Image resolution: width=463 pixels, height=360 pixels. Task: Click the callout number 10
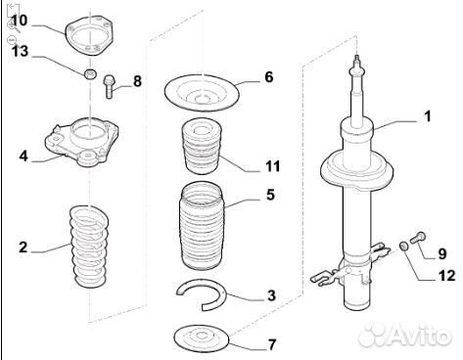19,21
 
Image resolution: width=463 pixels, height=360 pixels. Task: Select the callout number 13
21,51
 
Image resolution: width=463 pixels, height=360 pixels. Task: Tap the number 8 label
137,81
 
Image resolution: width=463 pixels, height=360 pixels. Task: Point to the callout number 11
273,166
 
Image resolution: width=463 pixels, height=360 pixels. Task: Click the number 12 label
447,276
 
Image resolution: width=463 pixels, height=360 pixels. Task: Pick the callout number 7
272,344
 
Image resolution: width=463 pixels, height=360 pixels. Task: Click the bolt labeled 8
109,86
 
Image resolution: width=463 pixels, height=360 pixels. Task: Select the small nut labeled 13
90,74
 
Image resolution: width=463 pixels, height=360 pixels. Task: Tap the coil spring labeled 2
89,247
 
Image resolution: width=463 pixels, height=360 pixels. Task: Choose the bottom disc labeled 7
201,337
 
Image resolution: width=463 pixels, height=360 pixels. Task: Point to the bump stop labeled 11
202,147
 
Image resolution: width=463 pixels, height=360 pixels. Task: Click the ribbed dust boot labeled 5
202,226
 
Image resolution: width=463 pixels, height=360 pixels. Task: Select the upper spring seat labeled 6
202,91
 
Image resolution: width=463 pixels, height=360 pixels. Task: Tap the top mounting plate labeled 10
89,34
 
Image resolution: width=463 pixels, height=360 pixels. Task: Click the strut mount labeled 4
81,142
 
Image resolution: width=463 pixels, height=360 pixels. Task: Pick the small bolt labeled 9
417,237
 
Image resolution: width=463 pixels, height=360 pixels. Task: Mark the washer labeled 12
404,247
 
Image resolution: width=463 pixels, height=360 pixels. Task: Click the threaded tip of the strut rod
357,60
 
